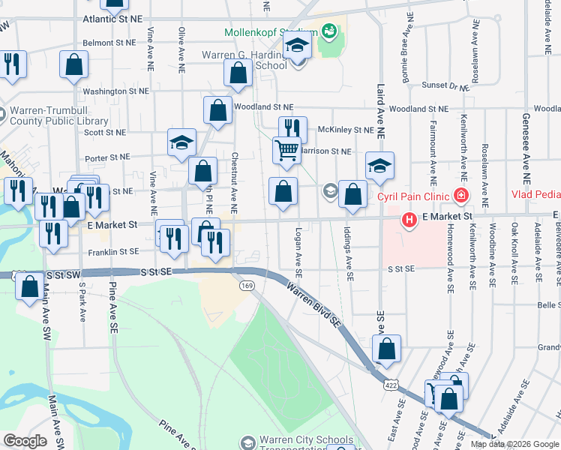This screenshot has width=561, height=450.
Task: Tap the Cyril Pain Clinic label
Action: pos(413,196)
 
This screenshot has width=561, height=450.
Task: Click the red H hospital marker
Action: pos(409,220)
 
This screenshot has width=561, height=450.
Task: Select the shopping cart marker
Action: pos(286,151)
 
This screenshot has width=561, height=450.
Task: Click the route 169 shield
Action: pos(246,286)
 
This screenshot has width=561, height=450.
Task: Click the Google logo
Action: pos(25,440)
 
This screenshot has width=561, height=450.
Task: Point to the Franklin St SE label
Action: pos(113,252)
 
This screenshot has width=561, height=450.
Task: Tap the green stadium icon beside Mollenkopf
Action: pos(328,31)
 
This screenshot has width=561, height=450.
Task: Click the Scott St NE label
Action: pos(105,132)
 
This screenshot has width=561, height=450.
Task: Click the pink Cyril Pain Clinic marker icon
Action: pos(461,196)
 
